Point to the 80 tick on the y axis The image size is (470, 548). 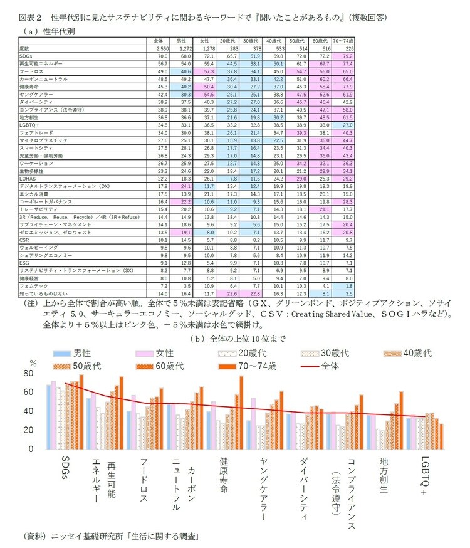tap(27, 373)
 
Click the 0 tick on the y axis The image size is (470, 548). tap(30, 449)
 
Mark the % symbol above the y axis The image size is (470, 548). tap(33, 362)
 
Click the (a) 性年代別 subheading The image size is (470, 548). tap(48, 30)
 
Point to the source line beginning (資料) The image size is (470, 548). tap(106, 537)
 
